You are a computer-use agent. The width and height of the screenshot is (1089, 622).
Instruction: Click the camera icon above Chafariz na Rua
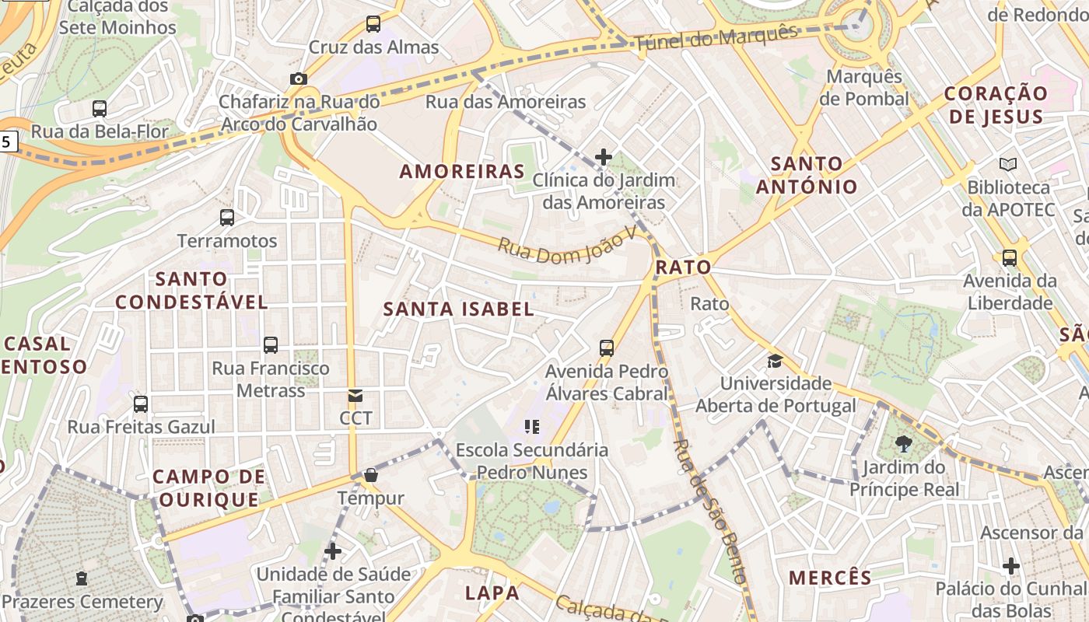(298, 79)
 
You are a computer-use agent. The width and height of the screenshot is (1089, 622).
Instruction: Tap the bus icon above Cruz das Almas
(373, 24)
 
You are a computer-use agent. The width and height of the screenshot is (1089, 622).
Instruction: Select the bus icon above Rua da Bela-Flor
(100, 109)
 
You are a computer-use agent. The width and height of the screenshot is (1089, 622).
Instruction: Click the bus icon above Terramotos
(227, 218)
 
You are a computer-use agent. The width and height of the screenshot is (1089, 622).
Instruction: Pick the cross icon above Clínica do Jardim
(603, 157)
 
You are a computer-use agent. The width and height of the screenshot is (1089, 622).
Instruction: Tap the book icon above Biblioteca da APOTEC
(1008, 165)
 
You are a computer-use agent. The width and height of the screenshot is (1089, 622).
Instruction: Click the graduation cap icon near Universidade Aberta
(775, 361)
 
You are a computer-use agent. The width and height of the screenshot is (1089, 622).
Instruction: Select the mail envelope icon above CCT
(355, 396)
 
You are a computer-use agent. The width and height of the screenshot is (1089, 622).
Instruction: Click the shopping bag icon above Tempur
(371, 475)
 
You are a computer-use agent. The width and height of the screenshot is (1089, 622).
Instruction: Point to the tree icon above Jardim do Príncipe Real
(904, 444)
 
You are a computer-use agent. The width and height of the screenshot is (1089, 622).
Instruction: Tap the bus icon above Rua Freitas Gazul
(141, 404)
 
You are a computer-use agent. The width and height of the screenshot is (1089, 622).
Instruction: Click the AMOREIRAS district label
(462, 171)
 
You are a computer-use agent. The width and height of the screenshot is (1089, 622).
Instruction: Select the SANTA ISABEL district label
(458, 309)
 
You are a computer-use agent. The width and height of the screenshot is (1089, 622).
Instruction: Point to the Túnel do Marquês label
(716, 39)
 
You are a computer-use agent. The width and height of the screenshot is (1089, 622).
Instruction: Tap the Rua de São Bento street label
(709, 510)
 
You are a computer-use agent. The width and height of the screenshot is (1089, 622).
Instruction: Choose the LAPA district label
(492, 592)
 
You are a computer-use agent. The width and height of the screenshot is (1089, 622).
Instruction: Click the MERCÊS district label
(830, 578)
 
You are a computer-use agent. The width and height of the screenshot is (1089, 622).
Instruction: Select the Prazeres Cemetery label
(82, 602)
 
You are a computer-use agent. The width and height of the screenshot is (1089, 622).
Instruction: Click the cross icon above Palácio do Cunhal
(1011, 565)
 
